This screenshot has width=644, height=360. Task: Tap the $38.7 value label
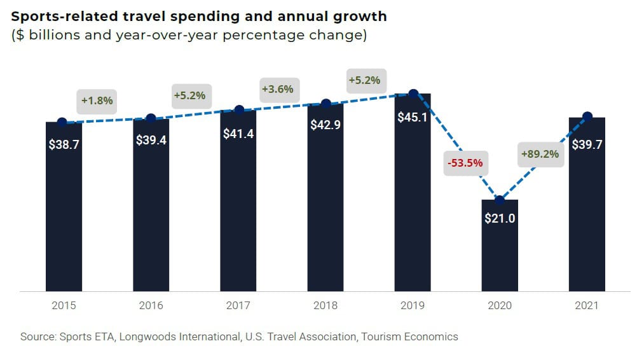point(64,144)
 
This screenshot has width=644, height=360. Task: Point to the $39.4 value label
point(151,140)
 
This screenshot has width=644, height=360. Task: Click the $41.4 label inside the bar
point(238,134)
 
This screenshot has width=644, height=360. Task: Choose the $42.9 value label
point(325,125)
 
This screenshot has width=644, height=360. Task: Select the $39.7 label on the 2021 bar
point(587,144)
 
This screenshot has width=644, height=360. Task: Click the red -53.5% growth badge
point(465,163)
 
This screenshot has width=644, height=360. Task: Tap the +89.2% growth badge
point(540,154)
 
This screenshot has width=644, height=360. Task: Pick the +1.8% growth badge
point(97,100)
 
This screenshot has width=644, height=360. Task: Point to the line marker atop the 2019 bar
point(413,93)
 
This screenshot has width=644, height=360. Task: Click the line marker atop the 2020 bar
point(500,200)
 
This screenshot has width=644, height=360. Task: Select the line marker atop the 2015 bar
point(62,122)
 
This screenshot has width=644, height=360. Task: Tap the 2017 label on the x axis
point(238,305)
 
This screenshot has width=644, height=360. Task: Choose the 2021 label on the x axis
point(587,305)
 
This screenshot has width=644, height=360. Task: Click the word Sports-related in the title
point(58,16)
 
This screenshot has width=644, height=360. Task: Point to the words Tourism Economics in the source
point(409,336)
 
